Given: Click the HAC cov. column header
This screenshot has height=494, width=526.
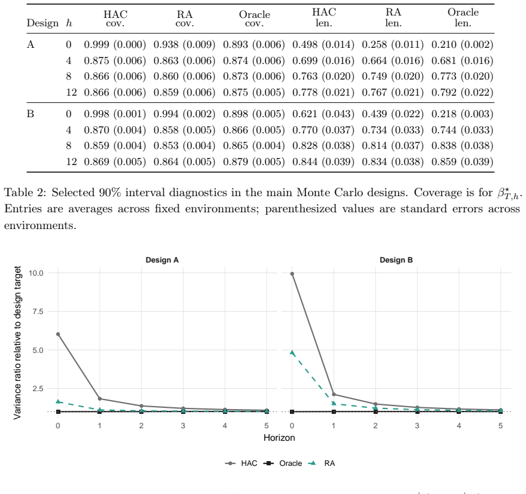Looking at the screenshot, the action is click(x=115, y=19).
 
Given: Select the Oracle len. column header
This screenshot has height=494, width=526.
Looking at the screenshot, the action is click(x=463, y=17).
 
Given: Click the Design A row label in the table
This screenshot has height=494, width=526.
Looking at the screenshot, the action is click(x=30, y=44).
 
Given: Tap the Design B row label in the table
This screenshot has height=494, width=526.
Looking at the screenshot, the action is click(x=30, y=114).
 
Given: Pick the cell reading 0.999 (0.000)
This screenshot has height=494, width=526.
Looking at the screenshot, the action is click(x=115, y=45).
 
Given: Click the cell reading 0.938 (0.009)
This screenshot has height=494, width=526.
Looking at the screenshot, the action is click(x=185, y=45).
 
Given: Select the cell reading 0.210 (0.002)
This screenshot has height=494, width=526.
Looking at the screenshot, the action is click(x=462, y=45).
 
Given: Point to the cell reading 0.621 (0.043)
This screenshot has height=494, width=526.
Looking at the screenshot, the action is click(x=323, y=114).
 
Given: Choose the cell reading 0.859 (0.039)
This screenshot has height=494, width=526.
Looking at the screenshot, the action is click(x=462, y=161).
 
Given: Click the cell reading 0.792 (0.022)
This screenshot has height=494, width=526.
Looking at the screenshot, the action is click(x=462, y=92).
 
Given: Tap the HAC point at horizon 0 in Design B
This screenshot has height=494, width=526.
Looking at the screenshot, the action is click(x=292, y=274).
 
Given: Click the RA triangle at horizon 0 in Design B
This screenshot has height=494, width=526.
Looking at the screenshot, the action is click(x=292, y=353).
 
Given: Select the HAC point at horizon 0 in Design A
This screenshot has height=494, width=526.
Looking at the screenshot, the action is click(x=58, y=334).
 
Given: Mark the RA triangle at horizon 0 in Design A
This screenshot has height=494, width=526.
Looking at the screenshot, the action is click(x=58, y=402).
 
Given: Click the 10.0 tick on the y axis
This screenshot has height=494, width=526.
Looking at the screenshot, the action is click(x=36, y=273).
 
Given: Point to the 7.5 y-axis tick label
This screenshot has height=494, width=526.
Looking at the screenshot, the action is click(x=38, y=312).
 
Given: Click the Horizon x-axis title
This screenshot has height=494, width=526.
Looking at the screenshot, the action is click(x=279, y=438).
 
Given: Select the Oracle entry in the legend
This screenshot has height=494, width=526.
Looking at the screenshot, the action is click(x=283, y=463).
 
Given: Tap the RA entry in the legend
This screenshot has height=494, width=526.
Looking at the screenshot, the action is click(x=322, y=463).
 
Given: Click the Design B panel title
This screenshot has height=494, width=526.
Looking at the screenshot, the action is click(x=396, y=260).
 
